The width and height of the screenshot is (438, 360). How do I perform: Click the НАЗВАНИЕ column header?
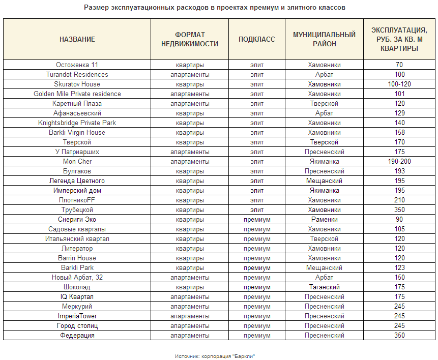[x=77, y=40]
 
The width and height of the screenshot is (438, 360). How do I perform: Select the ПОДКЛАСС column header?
[x=257, y=40]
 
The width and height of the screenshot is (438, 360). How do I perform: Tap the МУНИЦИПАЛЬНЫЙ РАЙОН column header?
[x=324, y=40]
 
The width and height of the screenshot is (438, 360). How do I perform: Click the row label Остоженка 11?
[x=77, y=65]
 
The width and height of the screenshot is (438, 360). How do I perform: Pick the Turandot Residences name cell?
[x=77, y=75]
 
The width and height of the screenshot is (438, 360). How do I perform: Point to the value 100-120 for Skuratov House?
[x=399, y=84]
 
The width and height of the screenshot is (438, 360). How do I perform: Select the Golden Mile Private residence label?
[x=77, y=94]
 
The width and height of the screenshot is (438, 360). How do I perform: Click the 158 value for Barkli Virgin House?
[x=399, y=133]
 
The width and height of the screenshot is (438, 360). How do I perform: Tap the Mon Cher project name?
[x=77, y=162]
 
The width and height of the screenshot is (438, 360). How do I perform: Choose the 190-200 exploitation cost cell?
[x=399, y=162]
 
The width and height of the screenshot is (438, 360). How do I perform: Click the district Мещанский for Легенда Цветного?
[x=324, y=181]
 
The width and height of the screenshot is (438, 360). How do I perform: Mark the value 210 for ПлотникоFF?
[x=399, y=200]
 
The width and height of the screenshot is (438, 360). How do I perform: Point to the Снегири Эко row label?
[x=77, y=220]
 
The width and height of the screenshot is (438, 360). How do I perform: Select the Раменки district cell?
[x=324, y=220]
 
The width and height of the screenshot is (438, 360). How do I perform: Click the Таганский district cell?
[x=324, y=287]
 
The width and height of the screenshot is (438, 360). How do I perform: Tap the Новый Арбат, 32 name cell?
[x=77, y=278]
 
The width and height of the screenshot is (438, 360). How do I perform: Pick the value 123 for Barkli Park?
[x=399, y=268]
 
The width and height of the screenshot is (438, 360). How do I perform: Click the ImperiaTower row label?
[x=77, y=316]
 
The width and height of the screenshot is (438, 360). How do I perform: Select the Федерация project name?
[x=77, y=336]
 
